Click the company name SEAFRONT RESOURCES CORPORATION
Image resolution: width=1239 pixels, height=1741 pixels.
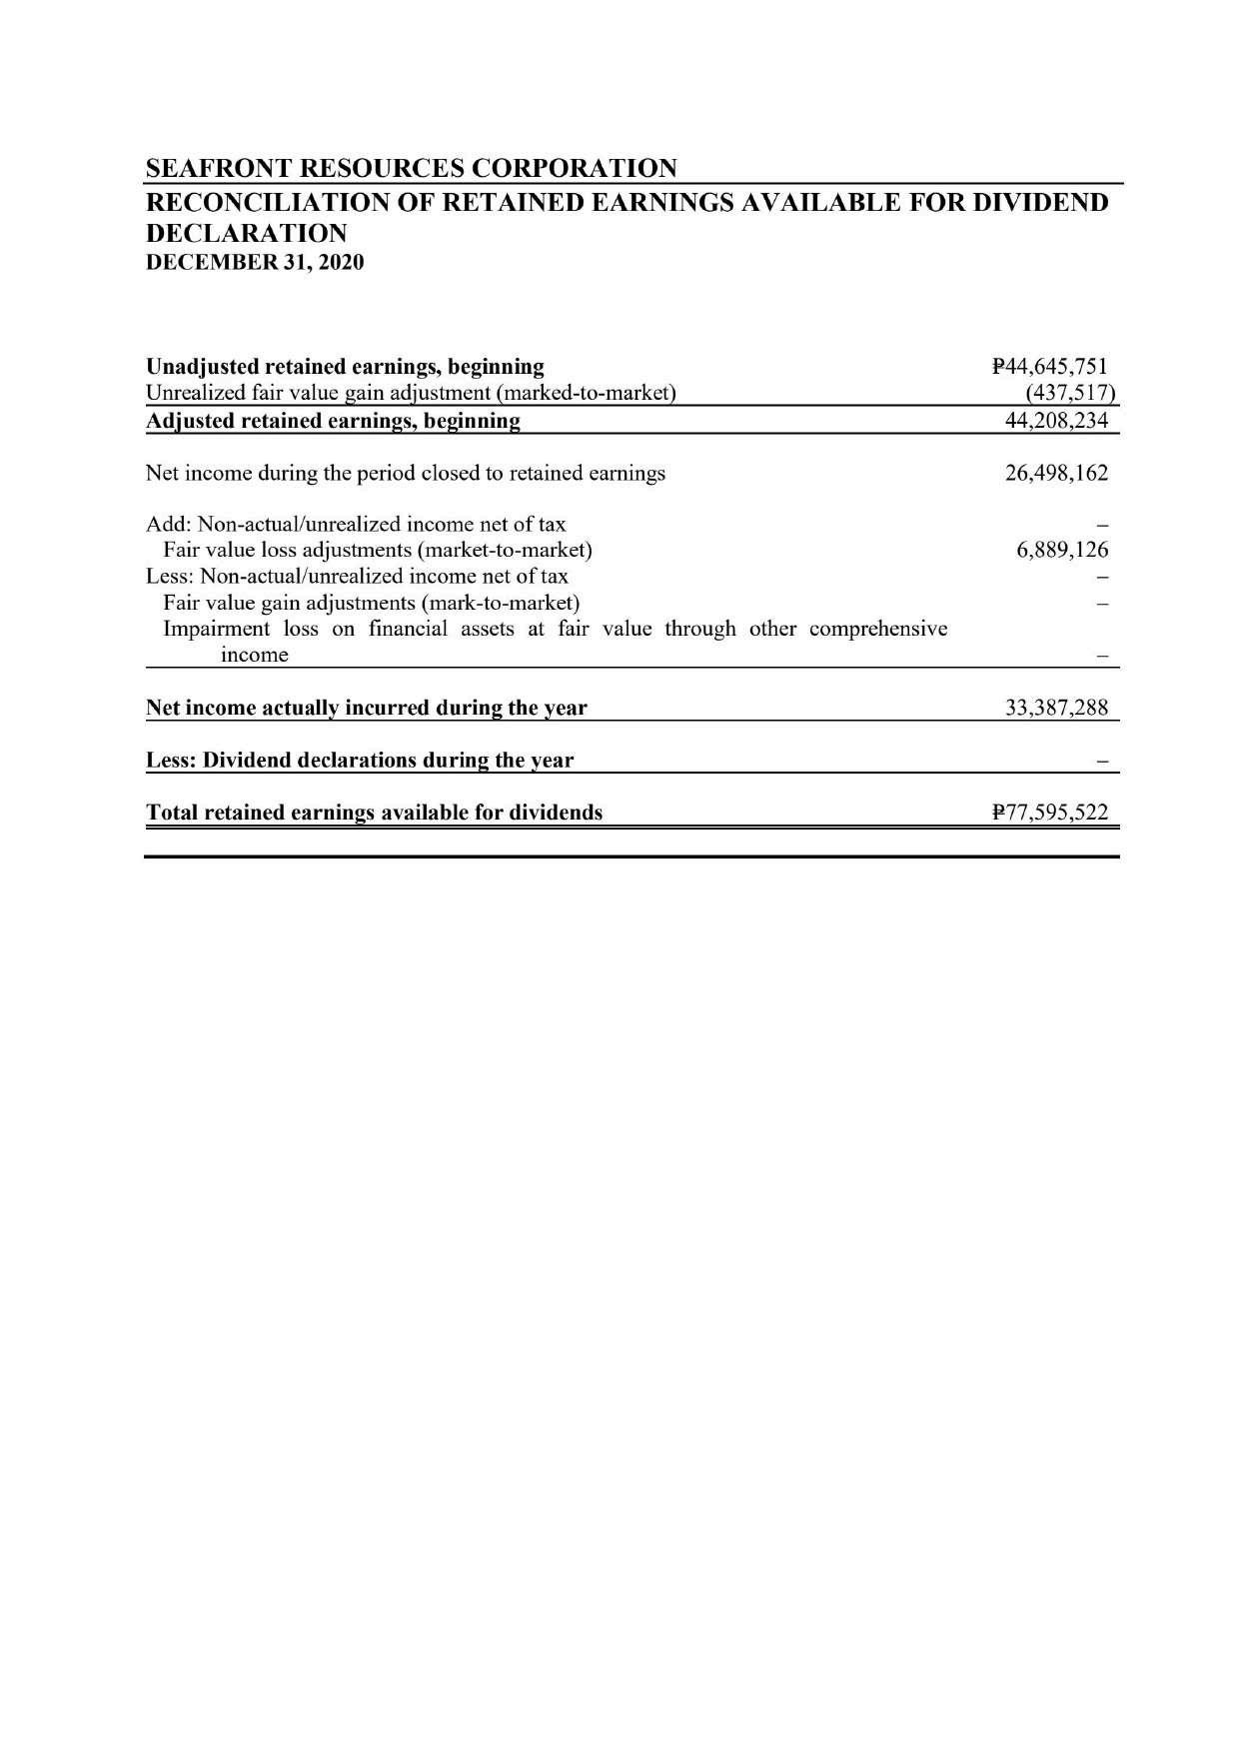[x=411, y=168]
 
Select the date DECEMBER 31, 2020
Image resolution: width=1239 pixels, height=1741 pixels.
[x=255, y=263]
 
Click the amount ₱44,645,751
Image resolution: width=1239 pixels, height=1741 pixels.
[x=1050, y=367]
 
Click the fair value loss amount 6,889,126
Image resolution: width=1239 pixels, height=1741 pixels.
[x=1062, y=550]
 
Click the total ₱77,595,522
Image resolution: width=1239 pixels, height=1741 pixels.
[x=1050, y=813]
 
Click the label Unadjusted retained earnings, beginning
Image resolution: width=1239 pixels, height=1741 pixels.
[x=345, y=367]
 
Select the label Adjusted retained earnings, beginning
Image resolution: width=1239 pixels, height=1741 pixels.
[x=333, y=421]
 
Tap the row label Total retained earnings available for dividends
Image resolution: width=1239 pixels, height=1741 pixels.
[x=375, y=813]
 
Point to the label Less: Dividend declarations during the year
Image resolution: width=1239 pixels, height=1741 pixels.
[x=360, y=761]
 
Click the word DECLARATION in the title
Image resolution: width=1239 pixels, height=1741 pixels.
[x=247, y=234]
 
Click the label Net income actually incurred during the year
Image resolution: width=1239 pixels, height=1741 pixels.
[x=367, y=709]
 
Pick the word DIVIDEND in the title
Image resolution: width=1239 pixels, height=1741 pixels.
[x=1041, y=203]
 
